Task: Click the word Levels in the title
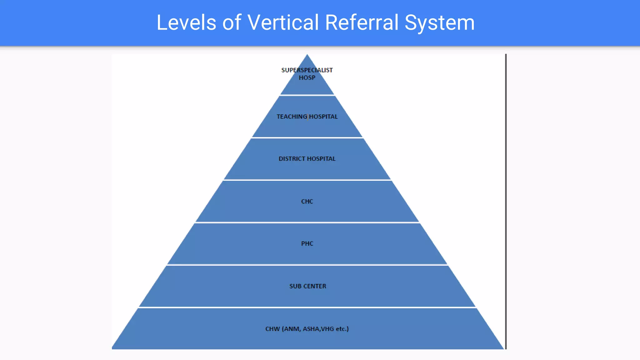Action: point(186,22)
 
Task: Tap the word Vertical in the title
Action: point(283,22)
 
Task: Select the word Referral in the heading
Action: point(362,22)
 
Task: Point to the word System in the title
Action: point(439,22)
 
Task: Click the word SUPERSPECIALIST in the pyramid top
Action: point(307,70)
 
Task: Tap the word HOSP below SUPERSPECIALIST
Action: point(307,78)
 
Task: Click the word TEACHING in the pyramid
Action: point(292,117)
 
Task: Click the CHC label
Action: point(307,202)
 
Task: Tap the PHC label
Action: point(307,244)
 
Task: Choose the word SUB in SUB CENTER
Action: point(295,286)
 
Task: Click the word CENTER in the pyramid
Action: point(314,286)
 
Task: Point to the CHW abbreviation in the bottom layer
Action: point(272,329)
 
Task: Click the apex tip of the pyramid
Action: point(307,55)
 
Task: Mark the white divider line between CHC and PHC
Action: point(307,222)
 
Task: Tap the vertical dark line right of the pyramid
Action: point(506,200)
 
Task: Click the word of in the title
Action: point(232,22)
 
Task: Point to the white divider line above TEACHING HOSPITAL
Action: point(307,95)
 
